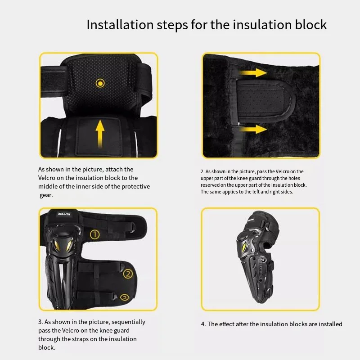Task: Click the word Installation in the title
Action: tap(120, 25)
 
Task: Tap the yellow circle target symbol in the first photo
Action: tap(100, 83)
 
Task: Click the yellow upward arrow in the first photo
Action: tap(100, 133)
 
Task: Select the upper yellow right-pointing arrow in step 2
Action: tap(252, 73)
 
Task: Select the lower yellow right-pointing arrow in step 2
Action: tap(252, 129)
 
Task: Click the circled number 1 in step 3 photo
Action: tap(95, 234)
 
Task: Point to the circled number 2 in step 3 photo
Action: tap(128, 274)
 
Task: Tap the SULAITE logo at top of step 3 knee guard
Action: tap(64, 214)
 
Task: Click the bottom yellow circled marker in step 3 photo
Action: tap(125, 297)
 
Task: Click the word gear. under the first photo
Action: tap(46, 195)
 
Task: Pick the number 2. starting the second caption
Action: tap(202, 171)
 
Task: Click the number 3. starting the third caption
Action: tap(40, 322)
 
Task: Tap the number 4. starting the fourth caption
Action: tap(203, 324)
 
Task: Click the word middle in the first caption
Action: tap(48, 186)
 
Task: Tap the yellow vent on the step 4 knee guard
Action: tap(244, 247)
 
